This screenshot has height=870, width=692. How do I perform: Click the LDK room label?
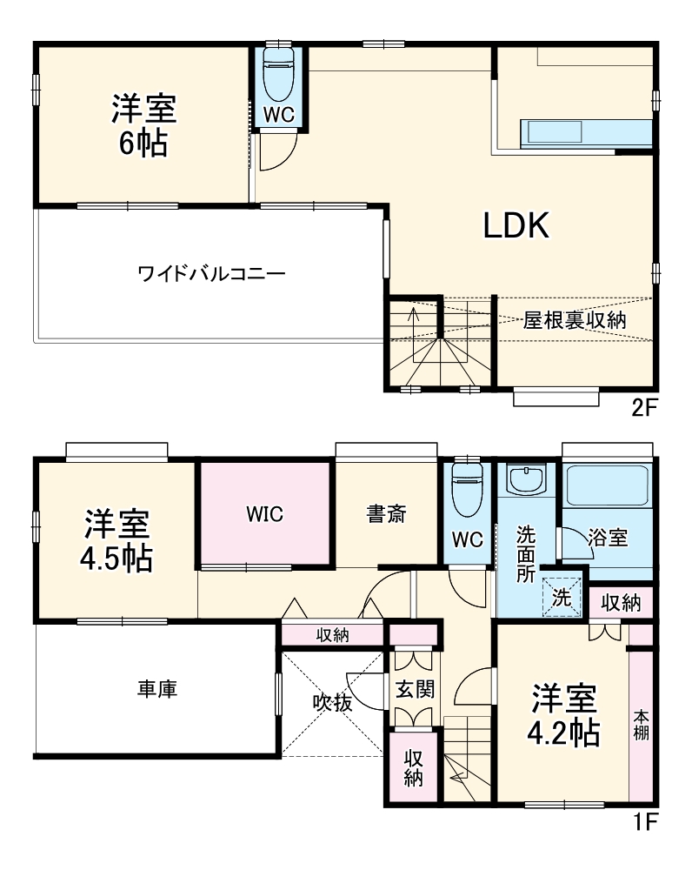click(516, 226)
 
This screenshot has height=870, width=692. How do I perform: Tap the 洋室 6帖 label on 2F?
click(143, 126)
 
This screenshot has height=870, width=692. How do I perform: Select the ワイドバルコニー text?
click(211, 273)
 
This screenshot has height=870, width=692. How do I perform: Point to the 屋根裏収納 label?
click(575, 319)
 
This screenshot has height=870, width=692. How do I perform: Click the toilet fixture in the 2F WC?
click(279, 74)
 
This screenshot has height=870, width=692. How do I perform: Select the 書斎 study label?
click(386, 514)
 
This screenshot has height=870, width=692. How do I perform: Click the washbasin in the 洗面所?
click(527, 480)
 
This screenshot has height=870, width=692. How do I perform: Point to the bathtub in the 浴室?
click(607, 487)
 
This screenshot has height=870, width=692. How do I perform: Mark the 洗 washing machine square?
click(562, 598)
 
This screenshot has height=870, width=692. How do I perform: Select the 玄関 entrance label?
click(415, 690)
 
